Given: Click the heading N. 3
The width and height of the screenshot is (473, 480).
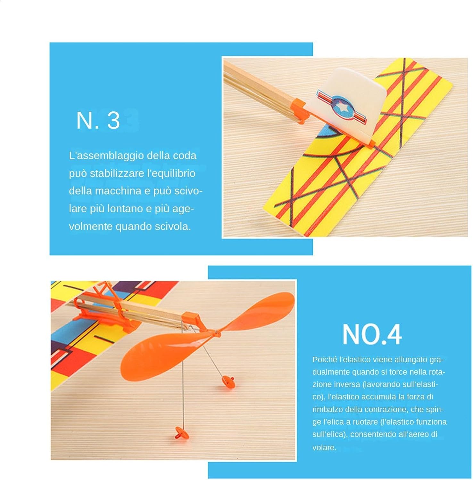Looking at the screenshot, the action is [x=98, y=120].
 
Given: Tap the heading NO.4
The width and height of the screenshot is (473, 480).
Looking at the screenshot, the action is [x=372, y=334].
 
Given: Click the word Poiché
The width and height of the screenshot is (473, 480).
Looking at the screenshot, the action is [x=324, y=359].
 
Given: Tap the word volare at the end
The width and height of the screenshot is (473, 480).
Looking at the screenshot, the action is [x=324, y=447].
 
